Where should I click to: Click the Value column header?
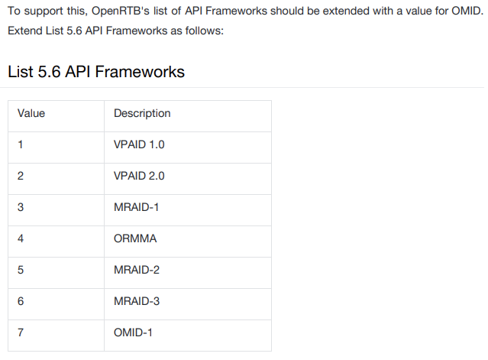[31, 113]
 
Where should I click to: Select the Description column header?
[142, 113]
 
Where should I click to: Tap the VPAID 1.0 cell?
[139, 144]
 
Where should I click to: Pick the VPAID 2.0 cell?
[139, 176]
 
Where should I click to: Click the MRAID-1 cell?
[136, 207]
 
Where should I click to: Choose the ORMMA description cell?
[135, 238]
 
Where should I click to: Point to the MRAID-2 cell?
[136, 270]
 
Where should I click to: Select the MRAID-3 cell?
[136, 301]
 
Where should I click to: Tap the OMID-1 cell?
[134, 332]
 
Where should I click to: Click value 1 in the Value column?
[21, 144]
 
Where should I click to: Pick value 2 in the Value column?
[21, 176]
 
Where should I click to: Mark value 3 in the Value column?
[21, 207]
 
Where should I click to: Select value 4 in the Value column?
[21, 238]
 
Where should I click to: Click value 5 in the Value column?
[21, 270]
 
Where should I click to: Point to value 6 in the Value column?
[21, 301]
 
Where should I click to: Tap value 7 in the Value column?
[21, 332]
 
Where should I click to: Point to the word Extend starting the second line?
[25, 32]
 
